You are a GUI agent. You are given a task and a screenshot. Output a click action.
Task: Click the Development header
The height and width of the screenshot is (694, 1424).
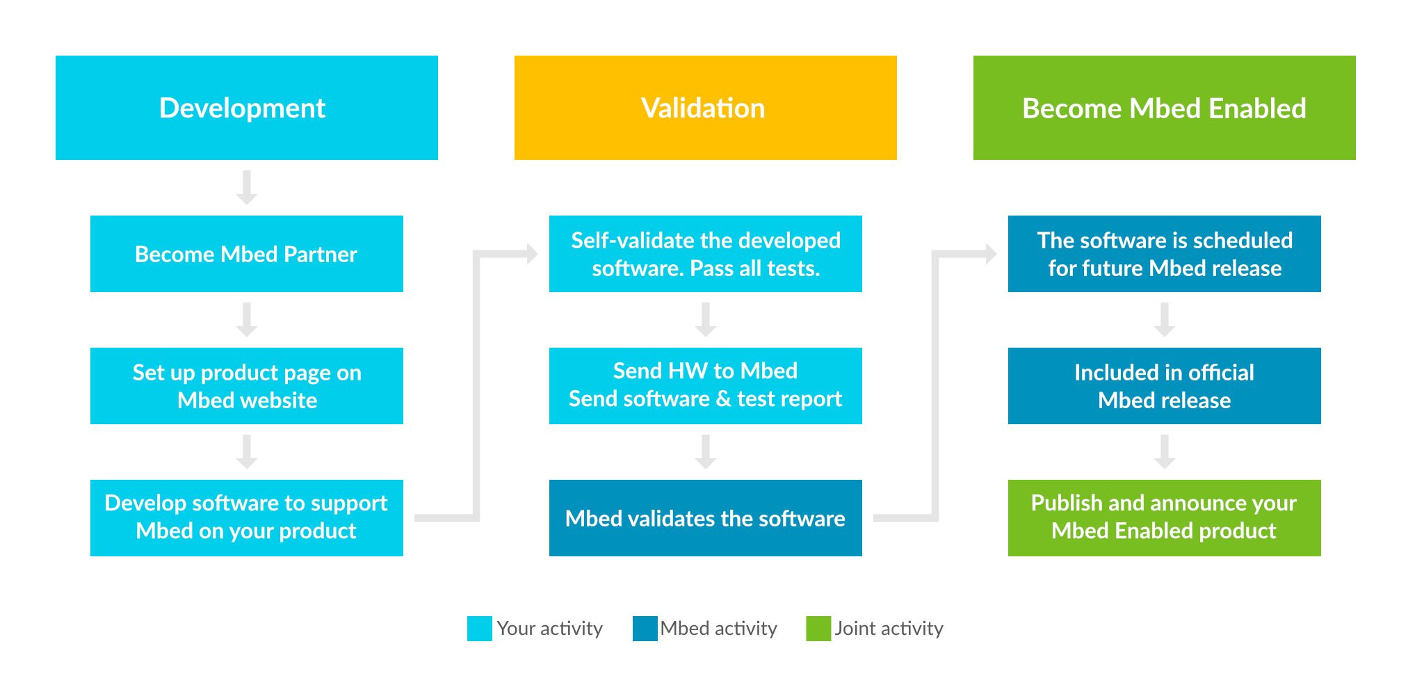point(242,108)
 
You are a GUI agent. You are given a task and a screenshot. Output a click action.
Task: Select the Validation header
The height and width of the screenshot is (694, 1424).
point(703,108)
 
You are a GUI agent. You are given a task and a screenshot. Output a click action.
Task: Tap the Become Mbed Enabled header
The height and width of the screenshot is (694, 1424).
point(1164,108)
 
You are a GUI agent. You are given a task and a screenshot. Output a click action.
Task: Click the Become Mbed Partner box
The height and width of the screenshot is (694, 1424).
point(246,255)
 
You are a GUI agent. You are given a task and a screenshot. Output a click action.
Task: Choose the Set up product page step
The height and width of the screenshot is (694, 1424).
point(248,387)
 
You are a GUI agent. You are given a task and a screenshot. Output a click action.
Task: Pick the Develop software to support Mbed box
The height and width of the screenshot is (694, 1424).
point(246,517)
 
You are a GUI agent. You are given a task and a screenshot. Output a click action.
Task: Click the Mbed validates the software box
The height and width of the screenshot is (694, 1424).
point(705,519)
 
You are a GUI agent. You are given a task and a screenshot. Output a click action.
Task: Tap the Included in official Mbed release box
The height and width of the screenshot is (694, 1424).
point(1164,387)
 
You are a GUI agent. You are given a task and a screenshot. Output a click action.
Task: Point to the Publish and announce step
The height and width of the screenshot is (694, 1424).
point(1164,517)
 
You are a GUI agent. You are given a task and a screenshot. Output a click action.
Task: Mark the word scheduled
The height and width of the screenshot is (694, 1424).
point(1245,241)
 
